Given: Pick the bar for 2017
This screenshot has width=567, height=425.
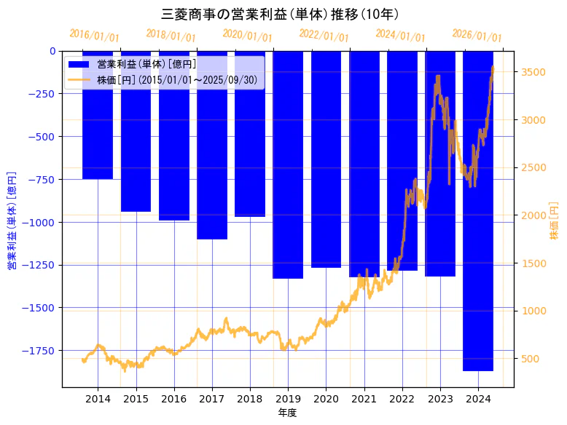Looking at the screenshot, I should (x=212, y=145).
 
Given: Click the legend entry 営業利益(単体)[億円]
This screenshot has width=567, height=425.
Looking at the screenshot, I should (x=146, y=64).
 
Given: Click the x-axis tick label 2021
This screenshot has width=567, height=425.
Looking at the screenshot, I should (x=364, y=398).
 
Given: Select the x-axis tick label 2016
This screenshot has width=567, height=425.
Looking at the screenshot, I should (x=173, y=398).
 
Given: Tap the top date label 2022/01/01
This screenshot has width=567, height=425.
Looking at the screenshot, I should (x=324, y=36).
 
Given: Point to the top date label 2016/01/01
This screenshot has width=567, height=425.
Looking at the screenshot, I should (x=95, y=36).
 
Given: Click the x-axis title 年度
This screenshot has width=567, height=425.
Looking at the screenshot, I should (x=288, y=413).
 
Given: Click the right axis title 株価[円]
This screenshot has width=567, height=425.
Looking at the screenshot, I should (x=554, y=222).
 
